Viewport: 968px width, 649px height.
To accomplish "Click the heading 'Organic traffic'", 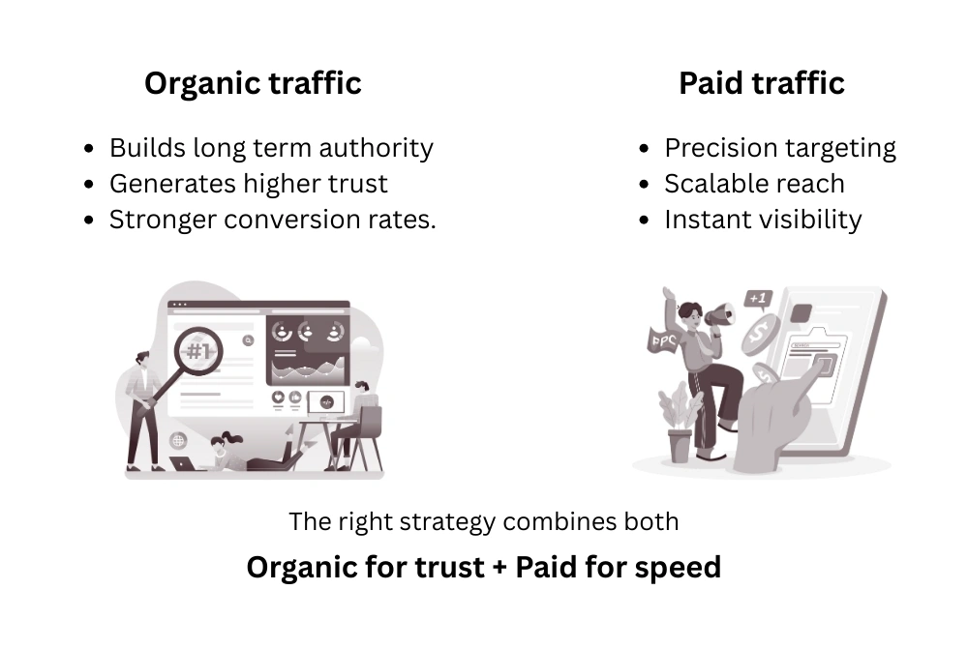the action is tap(253, 83).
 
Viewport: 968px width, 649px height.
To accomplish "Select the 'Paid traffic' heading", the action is tap(762, 83).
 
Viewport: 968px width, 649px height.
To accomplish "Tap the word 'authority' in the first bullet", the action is tap(376, 149).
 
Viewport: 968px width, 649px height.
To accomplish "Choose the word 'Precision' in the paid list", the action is tap(715, 148).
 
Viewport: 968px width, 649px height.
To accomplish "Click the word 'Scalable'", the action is tap(710, 184).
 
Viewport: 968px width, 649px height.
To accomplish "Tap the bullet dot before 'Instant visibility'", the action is tap(645, 220).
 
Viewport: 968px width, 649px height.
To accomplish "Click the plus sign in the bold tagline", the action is tap(500, 568).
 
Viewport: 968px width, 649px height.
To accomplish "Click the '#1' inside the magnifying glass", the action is tap(198, 351).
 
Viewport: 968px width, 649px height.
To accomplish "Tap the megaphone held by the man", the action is tap(720, 314).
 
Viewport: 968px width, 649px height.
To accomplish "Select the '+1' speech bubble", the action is tap(758, 300).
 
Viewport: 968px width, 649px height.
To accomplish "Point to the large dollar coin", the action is tap(761, 335).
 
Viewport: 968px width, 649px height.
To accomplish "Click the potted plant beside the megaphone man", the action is tap(680, 422).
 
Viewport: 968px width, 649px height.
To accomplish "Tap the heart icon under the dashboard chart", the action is tap(278, 397).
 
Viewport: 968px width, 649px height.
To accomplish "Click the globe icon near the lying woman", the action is tap(178, 440).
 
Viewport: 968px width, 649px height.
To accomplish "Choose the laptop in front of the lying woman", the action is tap(189, 463).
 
